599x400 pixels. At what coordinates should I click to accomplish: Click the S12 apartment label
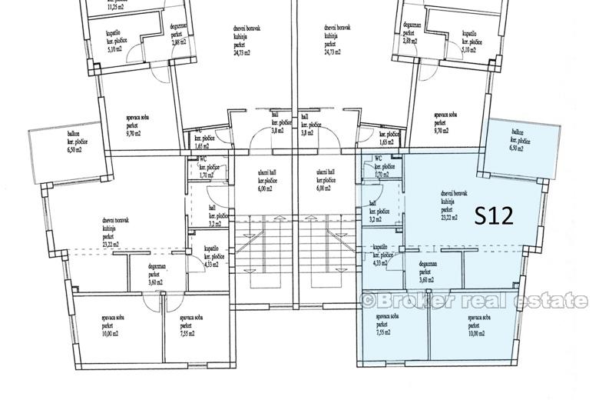(x=493, y=216)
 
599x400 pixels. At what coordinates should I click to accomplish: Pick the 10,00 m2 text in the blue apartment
(x=477, y=333)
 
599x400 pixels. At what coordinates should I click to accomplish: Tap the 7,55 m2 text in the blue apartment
(x=382, y=333)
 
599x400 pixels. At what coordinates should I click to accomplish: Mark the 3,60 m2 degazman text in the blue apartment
(x=428, y=281)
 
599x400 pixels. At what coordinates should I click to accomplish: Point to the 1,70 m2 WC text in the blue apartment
(x=382, y=175)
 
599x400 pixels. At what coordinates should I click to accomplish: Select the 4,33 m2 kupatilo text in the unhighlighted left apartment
(x=210, y=264)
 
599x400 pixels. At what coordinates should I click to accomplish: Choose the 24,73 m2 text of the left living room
(x=246, y=53)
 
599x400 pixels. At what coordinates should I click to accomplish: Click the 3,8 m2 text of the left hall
(x=277, y=132)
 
